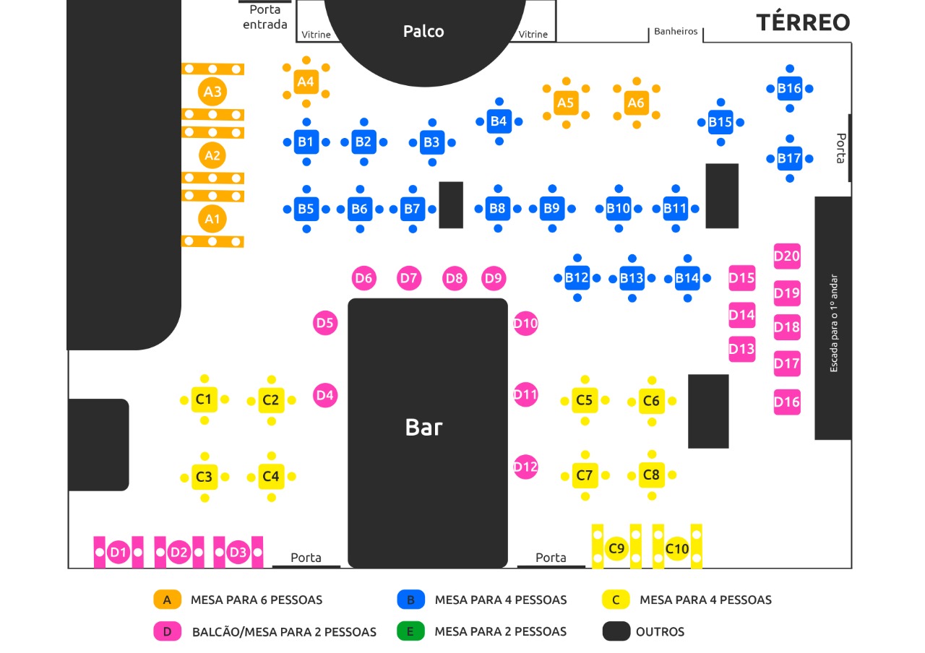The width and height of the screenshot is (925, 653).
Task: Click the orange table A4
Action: (x=306, y=82)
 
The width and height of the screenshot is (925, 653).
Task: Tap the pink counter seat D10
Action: (x=525, y=323)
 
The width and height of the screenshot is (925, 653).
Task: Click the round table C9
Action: (x=616, y=549)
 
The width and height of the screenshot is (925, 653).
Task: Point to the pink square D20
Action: (x=787, y=256)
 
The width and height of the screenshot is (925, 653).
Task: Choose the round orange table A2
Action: (x=212, y=155)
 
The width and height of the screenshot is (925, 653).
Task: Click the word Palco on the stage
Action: (x=423, y=31)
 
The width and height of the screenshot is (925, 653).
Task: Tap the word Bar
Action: (x=423, y=427)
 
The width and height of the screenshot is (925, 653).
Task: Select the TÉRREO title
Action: (x=803, y=22)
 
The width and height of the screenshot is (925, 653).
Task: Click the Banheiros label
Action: (x=676, y=31)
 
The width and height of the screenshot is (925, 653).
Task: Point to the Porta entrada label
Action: (x=264, y=17)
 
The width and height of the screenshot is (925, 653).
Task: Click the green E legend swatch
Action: (x=410, y=631)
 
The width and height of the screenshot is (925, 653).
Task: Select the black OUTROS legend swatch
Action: (x=616, y=631)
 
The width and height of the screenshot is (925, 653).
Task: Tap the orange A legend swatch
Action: (x=167, y=600)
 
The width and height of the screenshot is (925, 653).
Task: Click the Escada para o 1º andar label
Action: (x=833, y=323)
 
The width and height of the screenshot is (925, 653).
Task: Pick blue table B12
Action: (x=577, y=277)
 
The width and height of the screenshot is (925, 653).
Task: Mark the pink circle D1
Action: (x=118, y=553)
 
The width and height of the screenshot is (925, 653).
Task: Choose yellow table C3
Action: (x=205, y=477)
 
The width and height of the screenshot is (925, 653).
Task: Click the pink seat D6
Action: (x=364, y=277)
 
